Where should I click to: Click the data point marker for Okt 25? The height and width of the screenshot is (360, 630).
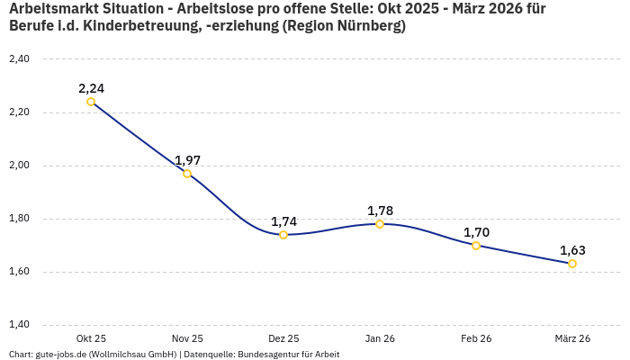[x=91, y=102]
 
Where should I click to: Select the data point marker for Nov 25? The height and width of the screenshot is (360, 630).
[x=187, y=174]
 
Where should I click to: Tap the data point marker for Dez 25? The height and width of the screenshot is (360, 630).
[x=283, y=235]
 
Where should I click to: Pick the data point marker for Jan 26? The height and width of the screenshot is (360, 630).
[x=380, y=224]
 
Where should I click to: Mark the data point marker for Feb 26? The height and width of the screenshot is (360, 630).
[x=476, y=246]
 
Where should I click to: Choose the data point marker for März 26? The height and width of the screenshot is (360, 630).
[x=572, y=264]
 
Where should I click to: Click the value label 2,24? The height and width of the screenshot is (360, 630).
[x=91, y=88]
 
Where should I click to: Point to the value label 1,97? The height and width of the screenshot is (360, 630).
[x=187, y=160]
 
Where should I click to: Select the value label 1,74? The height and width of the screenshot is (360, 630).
[x=283, y=221]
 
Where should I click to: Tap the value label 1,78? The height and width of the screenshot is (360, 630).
[x=380, y=211]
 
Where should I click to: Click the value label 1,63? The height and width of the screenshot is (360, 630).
[x=572, y=250]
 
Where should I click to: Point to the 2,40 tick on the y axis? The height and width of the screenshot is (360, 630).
[x=19, y=59]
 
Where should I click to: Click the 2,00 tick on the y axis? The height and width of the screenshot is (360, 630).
[x=19, y=166]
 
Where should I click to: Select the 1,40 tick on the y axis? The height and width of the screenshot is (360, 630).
[x=19, y=325]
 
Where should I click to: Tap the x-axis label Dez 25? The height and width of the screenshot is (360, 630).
[x=283, y=338]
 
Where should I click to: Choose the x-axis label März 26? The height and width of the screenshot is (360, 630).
[x=572, y=338]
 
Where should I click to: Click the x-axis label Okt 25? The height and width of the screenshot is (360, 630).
[x=91, y=338]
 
